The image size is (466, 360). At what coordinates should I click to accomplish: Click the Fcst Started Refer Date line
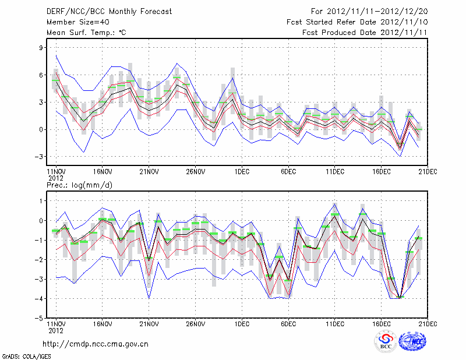pos(357,22)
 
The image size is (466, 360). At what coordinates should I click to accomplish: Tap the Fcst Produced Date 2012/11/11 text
pos(365,32)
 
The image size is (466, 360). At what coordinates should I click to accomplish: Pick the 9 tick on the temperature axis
pos(41,48)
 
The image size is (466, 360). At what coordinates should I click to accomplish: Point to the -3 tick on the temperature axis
pos(40,157)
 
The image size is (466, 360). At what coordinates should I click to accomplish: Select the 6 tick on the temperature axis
pos(41,75)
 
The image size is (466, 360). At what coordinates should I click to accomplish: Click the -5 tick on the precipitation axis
pos(40,319)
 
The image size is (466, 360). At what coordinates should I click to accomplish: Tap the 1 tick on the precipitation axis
pos(41,201)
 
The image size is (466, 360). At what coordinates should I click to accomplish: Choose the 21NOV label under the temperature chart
pos(149,172)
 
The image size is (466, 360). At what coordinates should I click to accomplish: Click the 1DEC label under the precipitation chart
pos(242,324)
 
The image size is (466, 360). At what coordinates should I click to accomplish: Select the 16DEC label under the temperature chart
pos(382,172)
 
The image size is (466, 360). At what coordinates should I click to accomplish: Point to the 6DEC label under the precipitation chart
pos(288,324)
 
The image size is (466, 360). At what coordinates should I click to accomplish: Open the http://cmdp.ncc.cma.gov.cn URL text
pos(96,344)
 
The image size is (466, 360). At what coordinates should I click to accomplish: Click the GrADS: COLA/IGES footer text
pos(21,355)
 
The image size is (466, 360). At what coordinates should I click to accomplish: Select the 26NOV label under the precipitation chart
pos(195,324)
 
